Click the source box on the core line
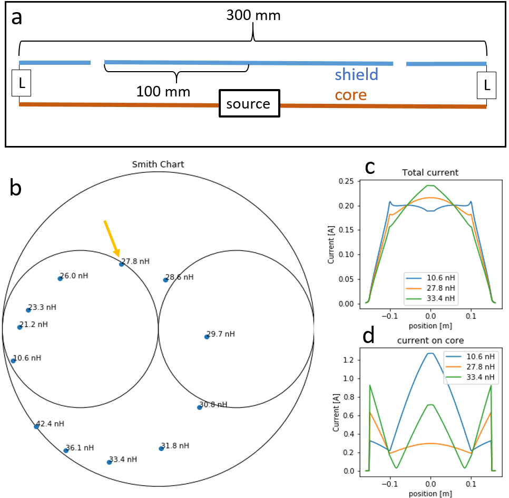(248, 104)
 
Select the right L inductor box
(486, 85)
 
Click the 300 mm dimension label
(253, 15)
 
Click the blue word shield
(356, 75)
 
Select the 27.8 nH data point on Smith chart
(122, 264)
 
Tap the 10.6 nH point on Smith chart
(13, 361)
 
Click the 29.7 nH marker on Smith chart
(207, 337)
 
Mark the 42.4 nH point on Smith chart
(36, 426)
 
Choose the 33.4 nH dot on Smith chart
(109, 462)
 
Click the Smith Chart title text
(158, 164)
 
